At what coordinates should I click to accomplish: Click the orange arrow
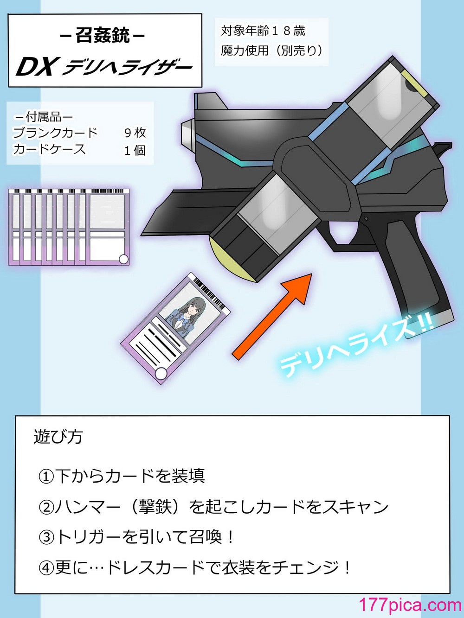pos(272,316)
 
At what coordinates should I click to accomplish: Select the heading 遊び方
pos(58,437)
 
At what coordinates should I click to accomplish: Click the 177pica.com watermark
pos(410,605)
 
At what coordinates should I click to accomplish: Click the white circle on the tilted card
pos(161,374)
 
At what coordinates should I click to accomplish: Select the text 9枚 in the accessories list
pos(135,133)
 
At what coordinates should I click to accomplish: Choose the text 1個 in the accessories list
pos(135,150)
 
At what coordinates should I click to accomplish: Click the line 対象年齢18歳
pos(263,31)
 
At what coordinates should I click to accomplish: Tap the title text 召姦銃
pos(103,36)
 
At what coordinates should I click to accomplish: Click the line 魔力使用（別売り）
pos(271,51)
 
